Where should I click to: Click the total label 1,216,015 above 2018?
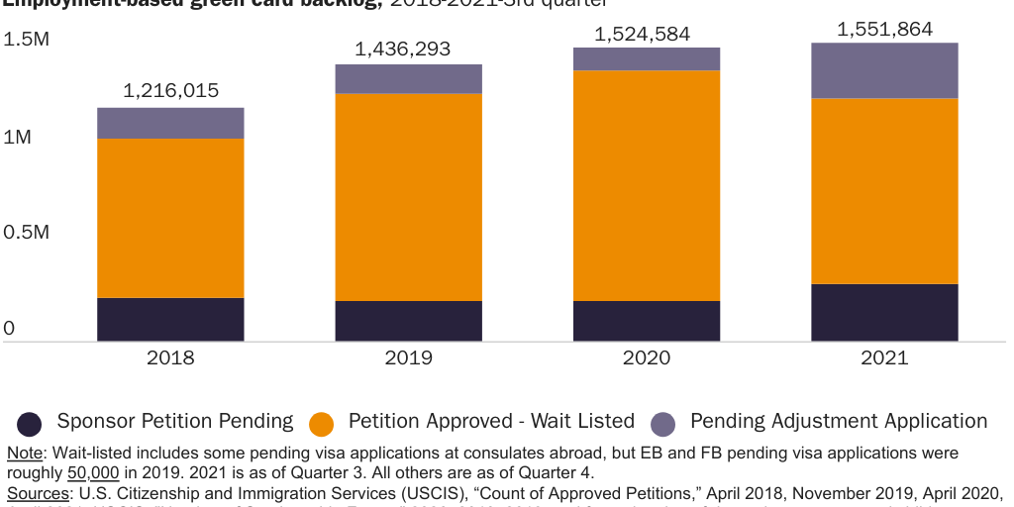[170, 90]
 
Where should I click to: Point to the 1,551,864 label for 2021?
[884, 29]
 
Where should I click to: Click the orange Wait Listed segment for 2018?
[170, 218]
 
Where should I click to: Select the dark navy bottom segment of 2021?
[884, 313]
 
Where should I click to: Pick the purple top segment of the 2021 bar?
[884, 70]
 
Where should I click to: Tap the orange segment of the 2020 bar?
[646, 185]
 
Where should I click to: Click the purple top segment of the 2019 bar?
[408, 79]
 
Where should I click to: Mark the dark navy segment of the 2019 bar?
[408, 321]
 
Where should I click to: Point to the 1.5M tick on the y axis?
[27, 40]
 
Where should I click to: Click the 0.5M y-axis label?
[27, 232]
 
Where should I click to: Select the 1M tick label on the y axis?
[17, 136]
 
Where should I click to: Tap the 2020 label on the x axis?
[646, 357]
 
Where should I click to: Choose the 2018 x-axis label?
[170, 357]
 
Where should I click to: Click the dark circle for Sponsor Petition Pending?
[30, 424]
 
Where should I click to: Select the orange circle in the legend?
[321, 424]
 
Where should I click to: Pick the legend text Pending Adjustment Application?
[838, 421]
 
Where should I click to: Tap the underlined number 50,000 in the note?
[94, 472]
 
